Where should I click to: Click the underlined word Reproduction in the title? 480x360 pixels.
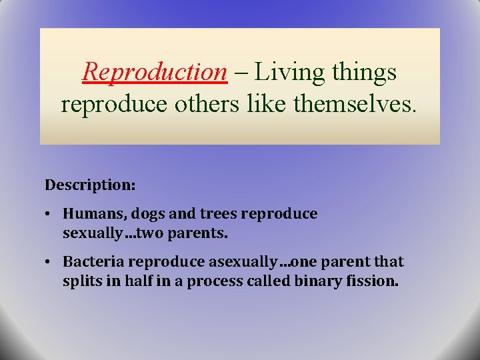coord(155,72)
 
